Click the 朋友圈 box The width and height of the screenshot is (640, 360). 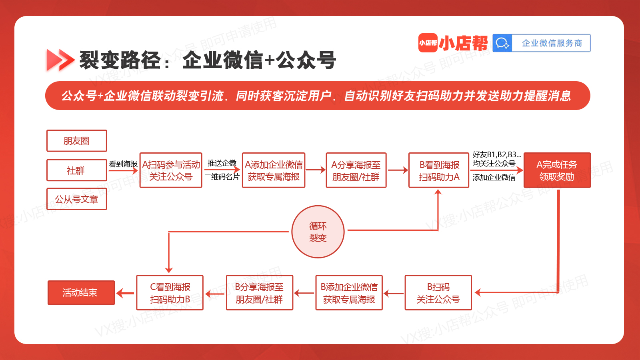coord(76,140)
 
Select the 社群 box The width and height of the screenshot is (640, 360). coord(76,170)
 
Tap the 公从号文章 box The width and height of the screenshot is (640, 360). coord(76,199)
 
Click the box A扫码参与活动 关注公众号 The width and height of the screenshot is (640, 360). coord(171,170)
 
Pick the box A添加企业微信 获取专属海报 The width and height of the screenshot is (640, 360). coord(274,170)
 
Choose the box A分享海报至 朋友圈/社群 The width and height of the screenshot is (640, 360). coord(356,170)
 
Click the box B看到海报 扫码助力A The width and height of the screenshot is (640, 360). coord(439,170)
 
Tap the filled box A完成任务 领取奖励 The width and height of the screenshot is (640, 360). coord(557,170)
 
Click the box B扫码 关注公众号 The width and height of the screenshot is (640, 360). coord(438,293)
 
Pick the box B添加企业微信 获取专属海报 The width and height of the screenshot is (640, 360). coord(349,293)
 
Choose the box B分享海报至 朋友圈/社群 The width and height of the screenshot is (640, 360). coord(260,293)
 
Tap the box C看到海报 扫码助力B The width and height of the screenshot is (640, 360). coord(170,293)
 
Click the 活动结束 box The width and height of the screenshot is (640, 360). coord(81,293)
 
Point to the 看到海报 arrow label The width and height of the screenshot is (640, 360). coord(124,164)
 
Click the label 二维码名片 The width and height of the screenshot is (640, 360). coord(222,177)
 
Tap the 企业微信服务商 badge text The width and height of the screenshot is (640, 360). coord(552,43)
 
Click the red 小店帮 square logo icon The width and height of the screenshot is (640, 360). coord(428,43)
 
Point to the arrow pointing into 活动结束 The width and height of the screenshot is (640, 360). coord(125,293)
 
